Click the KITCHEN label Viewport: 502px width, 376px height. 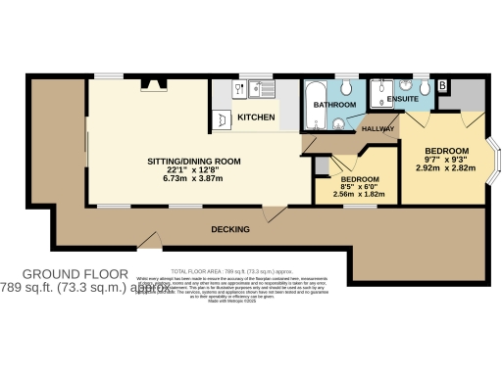pyautogui.click(x=256, y=116)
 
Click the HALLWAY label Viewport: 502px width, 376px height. pyautogui.click(x=377, y=129)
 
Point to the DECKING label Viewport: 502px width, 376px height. pyautogui.click(x=230, y=229)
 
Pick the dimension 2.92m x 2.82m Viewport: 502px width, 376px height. pyautogui.click(x=445, y=167)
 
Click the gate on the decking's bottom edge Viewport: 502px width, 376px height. pyautogui.click(x=149, y=241)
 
